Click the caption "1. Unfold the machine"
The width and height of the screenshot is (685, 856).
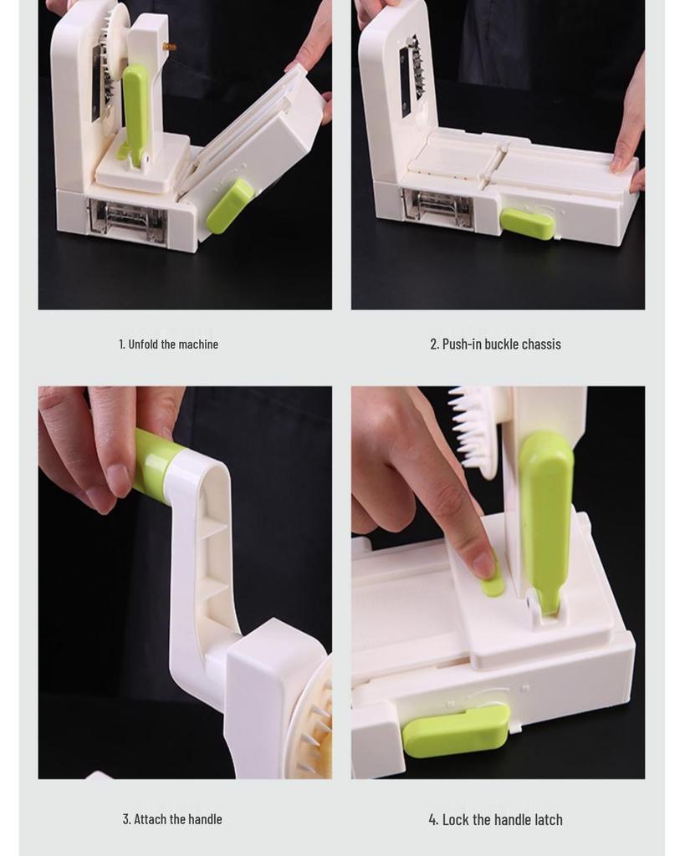(x=168, y=344)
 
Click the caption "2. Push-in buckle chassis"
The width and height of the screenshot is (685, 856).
(x=495, y=344)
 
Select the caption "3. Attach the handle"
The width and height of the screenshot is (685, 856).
(x=172, y=819)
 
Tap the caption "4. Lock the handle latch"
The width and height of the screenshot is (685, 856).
(x=495, y=820)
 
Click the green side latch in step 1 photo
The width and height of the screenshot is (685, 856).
(x=229, y=206)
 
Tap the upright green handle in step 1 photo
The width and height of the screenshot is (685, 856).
(x=135, y=109)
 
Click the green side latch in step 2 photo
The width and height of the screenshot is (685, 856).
(x=527, y=223)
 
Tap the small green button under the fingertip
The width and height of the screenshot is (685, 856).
(x=493, y=583)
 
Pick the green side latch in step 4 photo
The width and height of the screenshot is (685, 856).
(x=456, y=729)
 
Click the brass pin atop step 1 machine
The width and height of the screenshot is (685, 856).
(x=170, y=47)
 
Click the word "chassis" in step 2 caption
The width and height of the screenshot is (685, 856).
(x=541, y=344)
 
